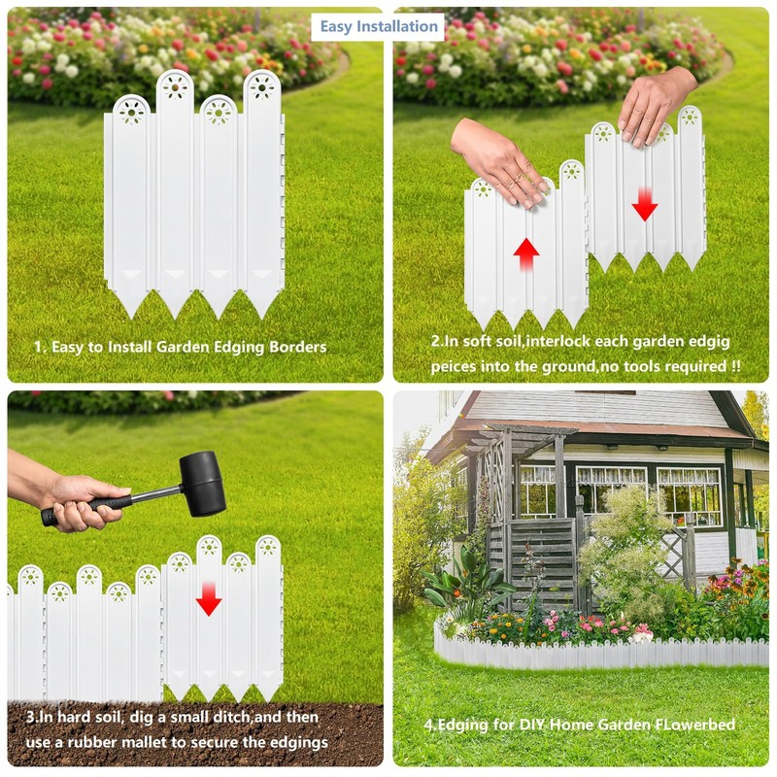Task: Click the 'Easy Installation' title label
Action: pyautogui.click(x=378, y=27)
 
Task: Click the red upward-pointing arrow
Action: pyautogui.click(x=525, y=254)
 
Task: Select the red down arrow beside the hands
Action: pyautogui.click(x=645, y=204)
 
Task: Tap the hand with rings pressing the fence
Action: pyautogui.click(x=500, y=160)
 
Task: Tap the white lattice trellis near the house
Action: pyautogui.click(x=673, y=555)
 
